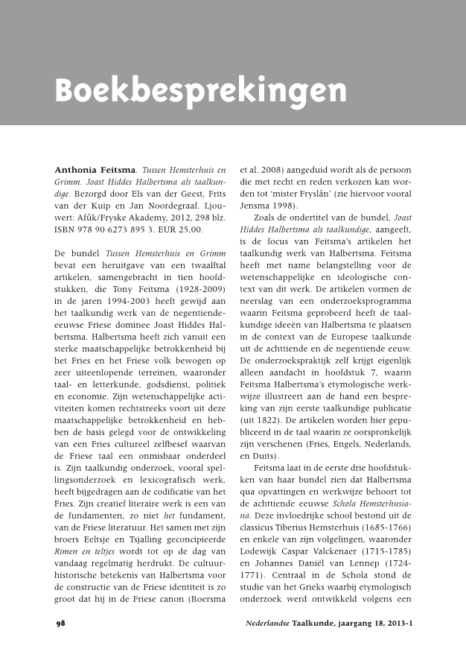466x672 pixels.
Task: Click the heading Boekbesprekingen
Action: point(200,91)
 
